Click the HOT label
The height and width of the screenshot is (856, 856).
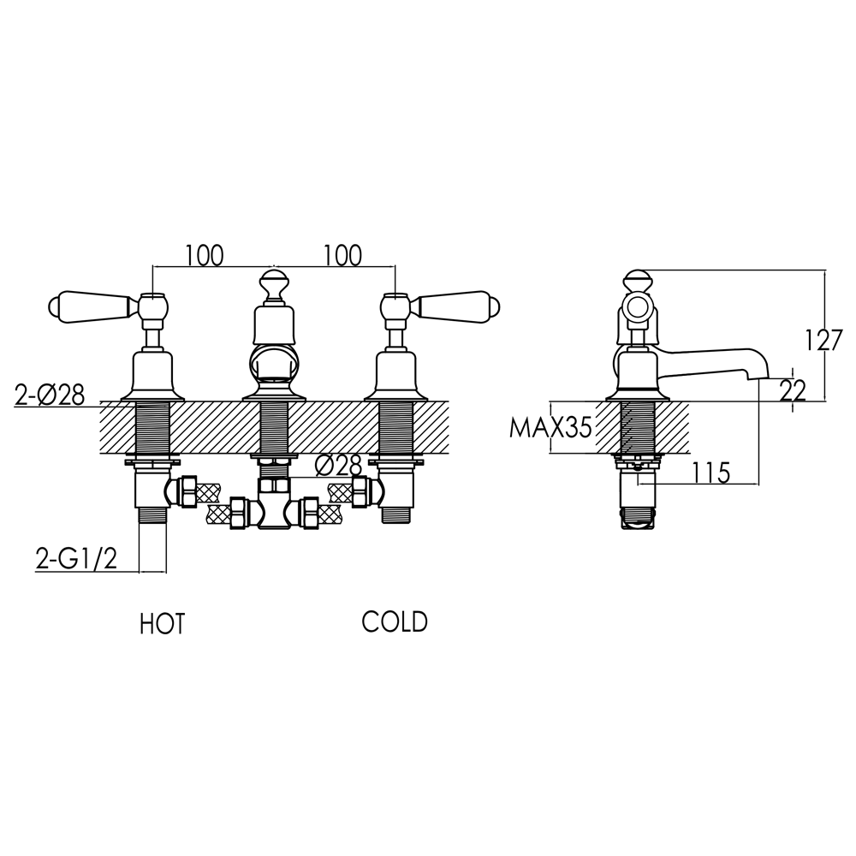click(162, 624)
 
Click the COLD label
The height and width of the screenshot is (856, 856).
click(394, 621)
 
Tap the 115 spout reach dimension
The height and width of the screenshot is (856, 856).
click(711, 472)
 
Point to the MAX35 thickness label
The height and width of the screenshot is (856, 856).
click(550, 427)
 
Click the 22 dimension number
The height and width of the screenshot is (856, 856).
click(794, 391)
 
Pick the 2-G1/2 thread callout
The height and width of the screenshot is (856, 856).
click(75, 559)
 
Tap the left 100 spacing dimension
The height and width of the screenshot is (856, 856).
click(204, 254)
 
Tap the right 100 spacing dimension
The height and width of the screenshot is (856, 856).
click(342, 254)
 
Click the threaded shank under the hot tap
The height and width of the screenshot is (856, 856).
click(153, 428)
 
